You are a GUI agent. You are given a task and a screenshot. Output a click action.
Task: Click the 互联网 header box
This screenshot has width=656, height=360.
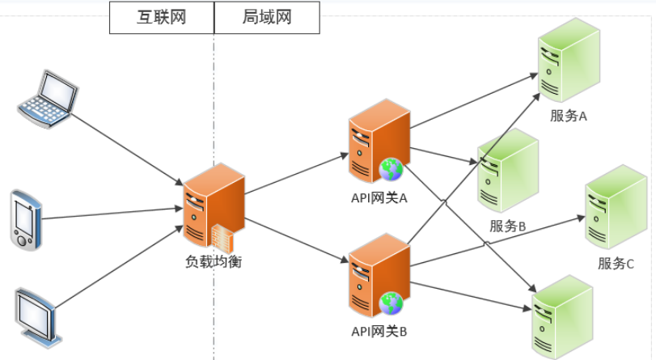point(161,17)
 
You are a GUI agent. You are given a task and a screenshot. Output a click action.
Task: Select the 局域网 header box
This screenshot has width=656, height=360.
point(266,17)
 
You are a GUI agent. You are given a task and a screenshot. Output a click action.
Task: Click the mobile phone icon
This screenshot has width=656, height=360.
point(23,219)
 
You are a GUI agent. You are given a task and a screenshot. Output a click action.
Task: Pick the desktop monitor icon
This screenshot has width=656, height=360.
point(36,312)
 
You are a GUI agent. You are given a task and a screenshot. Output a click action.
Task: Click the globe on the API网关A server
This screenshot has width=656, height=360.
point(391,168)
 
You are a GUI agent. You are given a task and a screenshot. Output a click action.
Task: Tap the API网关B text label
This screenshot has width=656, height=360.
point(379,331)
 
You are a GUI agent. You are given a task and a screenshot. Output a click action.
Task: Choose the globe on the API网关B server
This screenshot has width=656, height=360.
point(392,303)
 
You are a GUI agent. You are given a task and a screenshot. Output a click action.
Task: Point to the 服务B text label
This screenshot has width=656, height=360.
point(508,226)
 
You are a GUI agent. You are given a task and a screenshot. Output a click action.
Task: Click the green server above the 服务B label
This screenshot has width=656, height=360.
point(507,172)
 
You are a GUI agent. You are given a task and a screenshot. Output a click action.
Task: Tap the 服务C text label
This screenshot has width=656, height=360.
point(616,263)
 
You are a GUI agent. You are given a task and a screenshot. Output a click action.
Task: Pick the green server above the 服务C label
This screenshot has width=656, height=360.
point(616,206)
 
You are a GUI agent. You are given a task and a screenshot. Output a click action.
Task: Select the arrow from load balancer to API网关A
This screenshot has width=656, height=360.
point(296,172)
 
